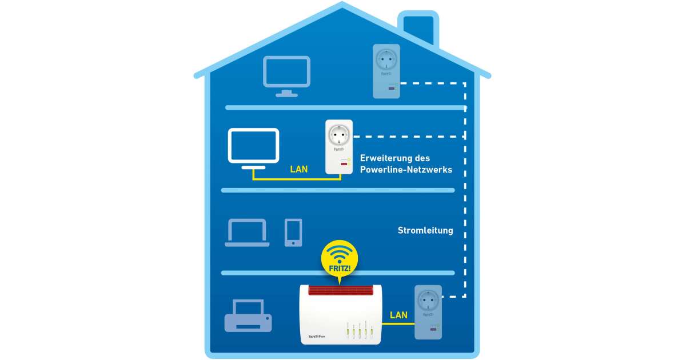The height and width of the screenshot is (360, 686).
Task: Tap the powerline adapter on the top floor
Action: click(x=386, y=71)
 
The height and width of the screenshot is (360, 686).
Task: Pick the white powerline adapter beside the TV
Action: click(x=338, y=147)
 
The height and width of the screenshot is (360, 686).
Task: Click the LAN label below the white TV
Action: click(x=298, y=169)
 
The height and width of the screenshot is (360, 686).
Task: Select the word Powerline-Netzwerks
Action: click(x=406, y=170)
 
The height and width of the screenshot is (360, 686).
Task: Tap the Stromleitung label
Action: click(x=425, y=231)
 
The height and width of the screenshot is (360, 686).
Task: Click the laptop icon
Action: click(x=247, y=233)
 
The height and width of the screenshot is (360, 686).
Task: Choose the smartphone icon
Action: click(x=293, y=233)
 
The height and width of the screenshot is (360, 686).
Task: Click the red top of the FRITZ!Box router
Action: click(x=339, y=290)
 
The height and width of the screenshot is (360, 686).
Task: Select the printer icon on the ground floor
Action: click(x=248, y=315)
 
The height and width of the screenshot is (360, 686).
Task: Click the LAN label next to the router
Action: click(x=398, y=315)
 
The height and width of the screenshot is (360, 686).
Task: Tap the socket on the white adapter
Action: click(x=338, y=135)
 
